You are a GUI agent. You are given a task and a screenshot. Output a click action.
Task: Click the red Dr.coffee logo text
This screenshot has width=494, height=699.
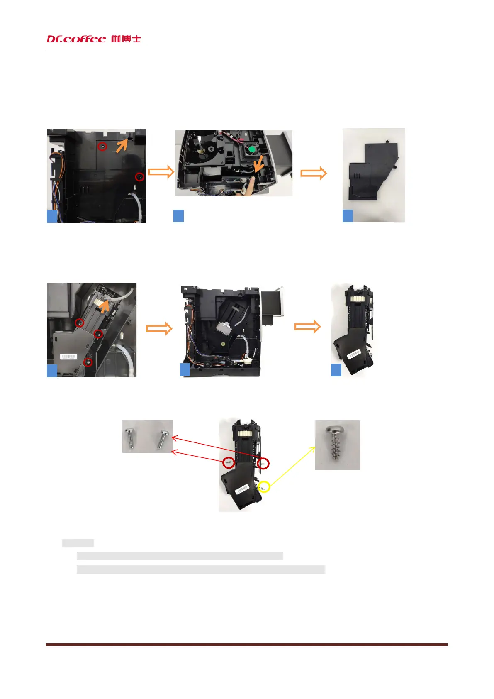(76, 39)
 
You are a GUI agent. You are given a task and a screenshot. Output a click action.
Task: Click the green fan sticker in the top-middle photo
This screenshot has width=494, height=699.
(251, 149)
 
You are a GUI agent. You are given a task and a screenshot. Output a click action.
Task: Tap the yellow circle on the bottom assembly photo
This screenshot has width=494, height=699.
(264, 486)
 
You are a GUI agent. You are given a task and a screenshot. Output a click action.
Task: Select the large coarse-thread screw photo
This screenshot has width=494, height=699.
(337, 445)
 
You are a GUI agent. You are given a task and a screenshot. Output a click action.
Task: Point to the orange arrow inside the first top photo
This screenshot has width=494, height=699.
(122, 145)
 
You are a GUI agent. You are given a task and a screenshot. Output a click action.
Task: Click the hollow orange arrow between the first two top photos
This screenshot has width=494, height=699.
(161, 171)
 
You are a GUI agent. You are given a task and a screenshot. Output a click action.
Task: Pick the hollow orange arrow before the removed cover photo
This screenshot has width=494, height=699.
(314, 173)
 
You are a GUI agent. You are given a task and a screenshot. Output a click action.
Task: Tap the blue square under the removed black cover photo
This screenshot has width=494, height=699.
(348, 216)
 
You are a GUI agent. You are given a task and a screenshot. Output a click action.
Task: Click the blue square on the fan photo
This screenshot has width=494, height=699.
(178, 216)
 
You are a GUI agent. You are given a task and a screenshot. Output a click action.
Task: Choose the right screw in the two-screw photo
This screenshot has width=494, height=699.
(163, 439)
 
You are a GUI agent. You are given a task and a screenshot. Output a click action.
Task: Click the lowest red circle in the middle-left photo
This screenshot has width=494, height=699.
(88, 362)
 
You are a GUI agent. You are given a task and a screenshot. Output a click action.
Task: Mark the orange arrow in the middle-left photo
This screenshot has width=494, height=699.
(105, 306)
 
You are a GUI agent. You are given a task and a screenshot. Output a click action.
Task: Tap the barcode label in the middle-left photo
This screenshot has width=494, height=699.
(69, 357)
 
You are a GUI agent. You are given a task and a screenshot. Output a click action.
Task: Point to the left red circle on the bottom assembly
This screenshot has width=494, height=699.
(229, 462)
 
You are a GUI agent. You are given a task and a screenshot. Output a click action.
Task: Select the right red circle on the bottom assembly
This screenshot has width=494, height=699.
(263, 463)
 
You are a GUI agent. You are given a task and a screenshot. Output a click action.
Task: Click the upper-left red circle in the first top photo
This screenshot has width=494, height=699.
(102, 146)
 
